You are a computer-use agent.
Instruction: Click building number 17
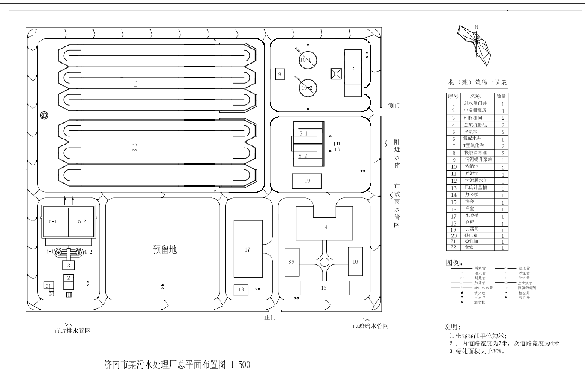[x=247, y=249]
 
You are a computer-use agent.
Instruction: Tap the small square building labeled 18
[x=241, y=290]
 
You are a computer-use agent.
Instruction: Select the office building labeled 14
[x=325, y=227]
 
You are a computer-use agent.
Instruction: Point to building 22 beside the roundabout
[x=291, y=262]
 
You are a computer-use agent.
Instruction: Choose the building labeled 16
[x=355, y=262]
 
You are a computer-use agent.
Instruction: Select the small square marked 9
[x=280, y=74]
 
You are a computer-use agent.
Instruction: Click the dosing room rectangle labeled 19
[x=307, y=181]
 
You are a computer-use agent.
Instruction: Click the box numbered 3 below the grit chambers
[x=69, y=266]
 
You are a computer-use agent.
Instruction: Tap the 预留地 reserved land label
[x=165, y=250]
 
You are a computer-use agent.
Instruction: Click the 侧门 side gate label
[x=393, y=106]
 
